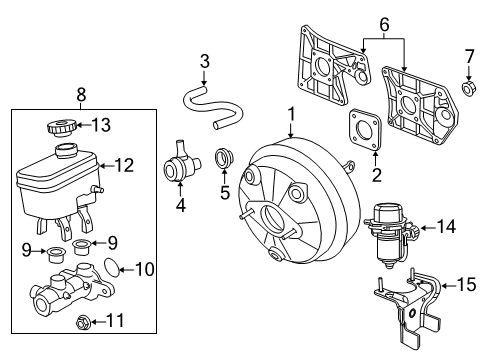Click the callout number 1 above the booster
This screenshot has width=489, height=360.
pos(291,115)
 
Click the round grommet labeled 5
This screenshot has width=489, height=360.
pos(225,158)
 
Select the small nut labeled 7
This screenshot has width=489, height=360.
pos(466,90)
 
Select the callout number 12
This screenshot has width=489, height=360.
pos(124,166)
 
